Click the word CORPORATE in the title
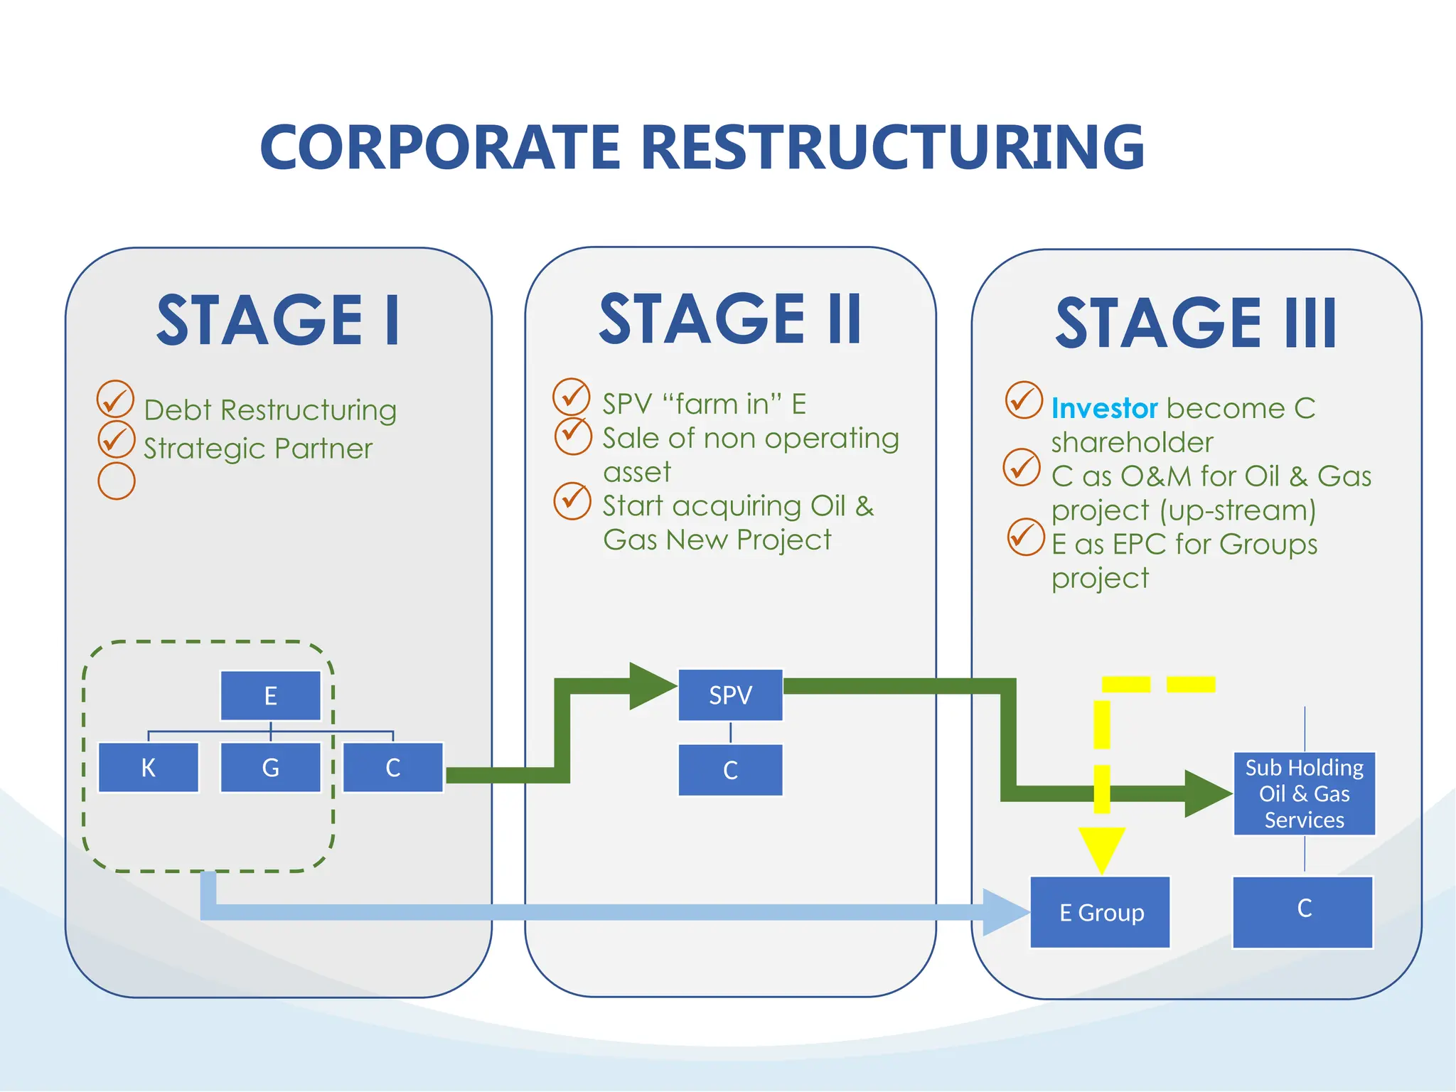coord(441,148)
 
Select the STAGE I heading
coord(278,321)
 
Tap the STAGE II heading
coord(730,319)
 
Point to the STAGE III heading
coord(1196,323)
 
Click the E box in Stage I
coord(270,695)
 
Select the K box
coord(148,768)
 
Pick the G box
coord(270,768)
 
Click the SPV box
coord(730,695)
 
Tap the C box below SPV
coord(730,770)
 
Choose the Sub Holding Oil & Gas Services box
coord(1304,793)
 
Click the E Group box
coord(1101,912)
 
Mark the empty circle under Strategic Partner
coord(117,481)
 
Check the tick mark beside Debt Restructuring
coord(115,400)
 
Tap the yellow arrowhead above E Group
coord(1101,847)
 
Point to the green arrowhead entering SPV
coord(651,686)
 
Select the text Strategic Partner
coord(257,449)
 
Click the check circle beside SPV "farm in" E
coord(572,397)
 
